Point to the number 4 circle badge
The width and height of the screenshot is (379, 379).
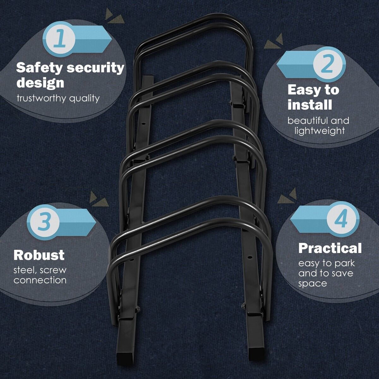[x=341, y=220]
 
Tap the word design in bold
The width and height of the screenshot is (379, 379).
[x=40, y=82]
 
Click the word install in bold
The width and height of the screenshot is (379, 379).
[x=310, y=105]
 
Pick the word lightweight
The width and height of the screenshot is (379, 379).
[x=320, y=130]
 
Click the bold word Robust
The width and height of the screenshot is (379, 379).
[x=39, y=255]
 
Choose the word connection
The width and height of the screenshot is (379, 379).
[x=40, y=280]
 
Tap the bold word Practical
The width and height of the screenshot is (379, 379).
[x=330, y=249]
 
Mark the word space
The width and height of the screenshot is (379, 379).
[x=312, y=283]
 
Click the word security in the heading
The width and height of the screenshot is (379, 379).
[x=96, y=68]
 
